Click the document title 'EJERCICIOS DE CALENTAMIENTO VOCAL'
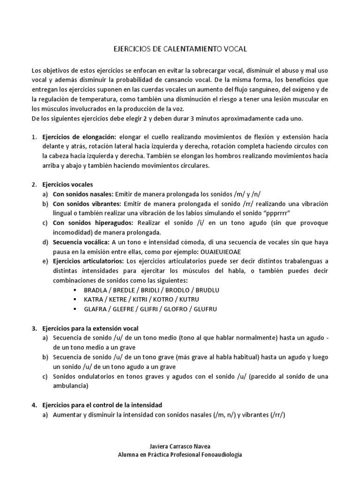point(180,48)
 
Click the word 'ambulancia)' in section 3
point(70,386)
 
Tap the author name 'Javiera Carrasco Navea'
point(180,447)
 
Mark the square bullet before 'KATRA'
point(75,299)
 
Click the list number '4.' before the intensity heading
point(34,405)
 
